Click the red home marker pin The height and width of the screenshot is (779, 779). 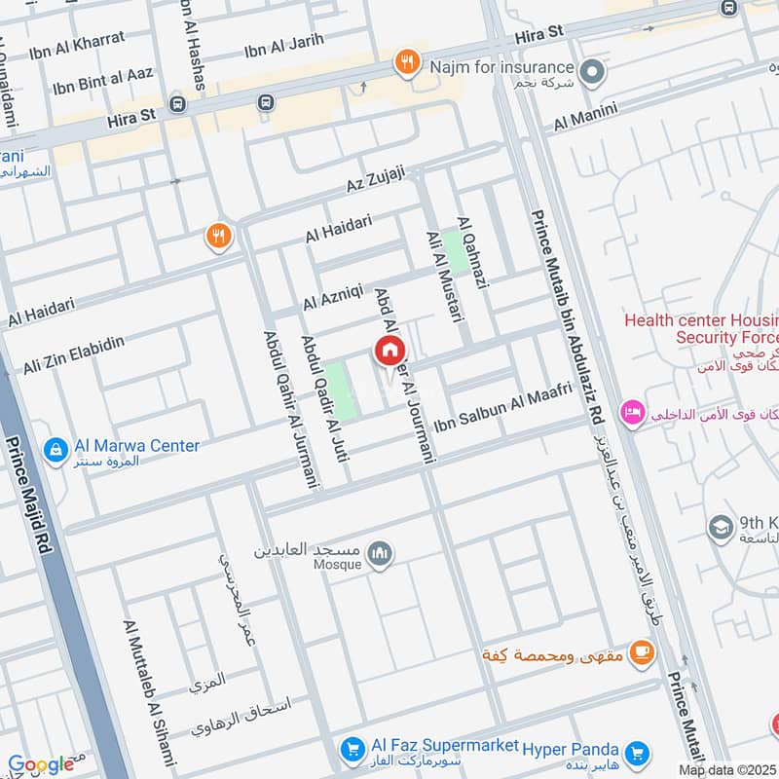tap(389, 351)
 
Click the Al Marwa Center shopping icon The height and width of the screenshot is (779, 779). tap(56, 449)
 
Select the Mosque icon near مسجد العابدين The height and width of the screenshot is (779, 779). tap(381, 554)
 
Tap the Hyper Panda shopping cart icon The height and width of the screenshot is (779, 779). tap(638, 752)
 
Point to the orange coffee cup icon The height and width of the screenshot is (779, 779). tap(641, 652)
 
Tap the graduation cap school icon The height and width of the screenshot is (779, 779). tap(721, 527)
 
